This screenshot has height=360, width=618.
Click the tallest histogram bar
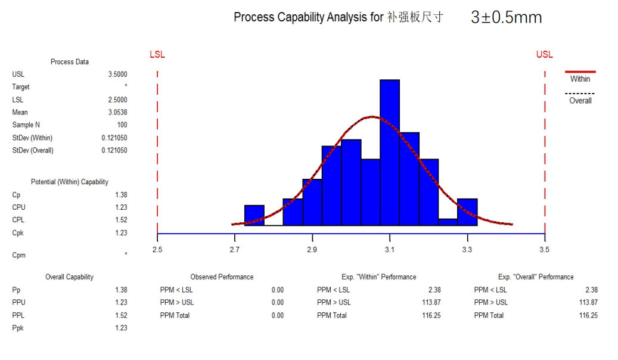pos(390,153)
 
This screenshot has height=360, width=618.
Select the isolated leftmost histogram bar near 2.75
pos(254,215)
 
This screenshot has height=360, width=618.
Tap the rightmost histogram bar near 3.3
pos(467,212)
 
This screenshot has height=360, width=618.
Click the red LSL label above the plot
pos(157,55)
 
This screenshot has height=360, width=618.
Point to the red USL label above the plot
pos(544,55)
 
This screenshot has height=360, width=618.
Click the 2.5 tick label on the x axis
pos(157,249)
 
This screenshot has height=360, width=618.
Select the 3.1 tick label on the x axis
pos(390,249)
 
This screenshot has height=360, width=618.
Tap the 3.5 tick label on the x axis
pos(544,249)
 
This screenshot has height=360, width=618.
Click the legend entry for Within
pos(580,79)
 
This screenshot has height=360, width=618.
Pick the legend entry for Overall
pos(580,101)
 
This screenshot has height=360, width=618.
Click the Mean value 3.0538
pos(117,112)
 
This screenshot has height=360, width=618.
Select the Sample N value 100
pos(122,125)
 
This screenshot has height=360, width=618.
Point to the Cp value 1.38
pos(121,195)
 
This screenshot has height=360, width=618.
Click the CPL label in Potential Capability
pos(19,220)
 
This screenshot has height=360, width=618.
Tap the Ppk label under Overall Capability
pos(18,328)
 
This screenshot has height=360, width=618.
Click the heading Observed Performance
pos(222,277)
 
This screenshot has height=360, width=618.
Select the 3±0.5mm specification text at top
pos(506,17)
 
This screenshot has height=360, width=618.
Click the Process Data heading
pos(70,62)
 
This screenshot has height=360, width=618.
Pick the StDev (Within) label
pos(33,138)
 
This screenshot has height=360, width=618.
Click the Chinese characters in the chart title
pos(415,17)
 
